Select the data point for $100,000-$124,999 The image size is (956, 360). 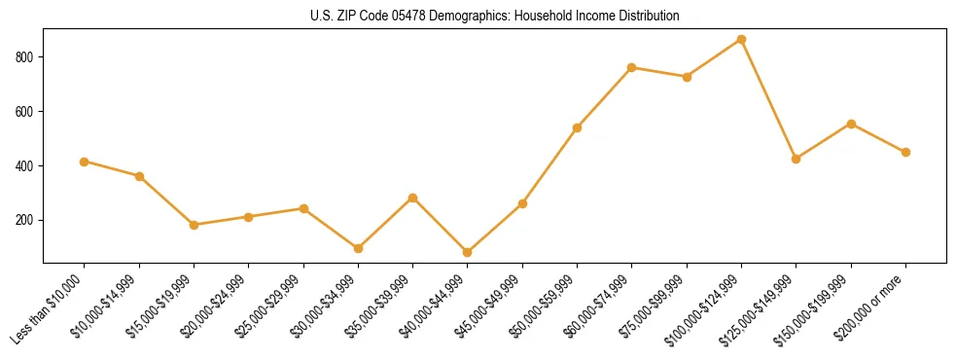point(741,39)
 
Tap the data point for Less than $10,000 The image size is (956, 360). point(85,162)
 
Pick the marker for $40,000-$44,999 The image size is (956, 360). point(468,252)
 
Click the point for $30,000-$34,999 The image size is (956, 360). point(358,248)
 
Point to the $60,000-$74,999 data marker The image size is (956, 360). point(632,67)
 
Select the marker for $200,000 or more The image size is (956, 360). point(905,152)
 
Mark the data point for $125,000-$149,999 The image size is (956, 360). point(797,159)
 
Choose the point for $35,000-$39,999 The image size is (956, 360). point(413,198)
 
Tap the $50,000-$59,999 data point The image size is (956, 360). point(578,127)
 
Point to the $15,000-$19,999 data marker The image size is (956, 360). point(194,225)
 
